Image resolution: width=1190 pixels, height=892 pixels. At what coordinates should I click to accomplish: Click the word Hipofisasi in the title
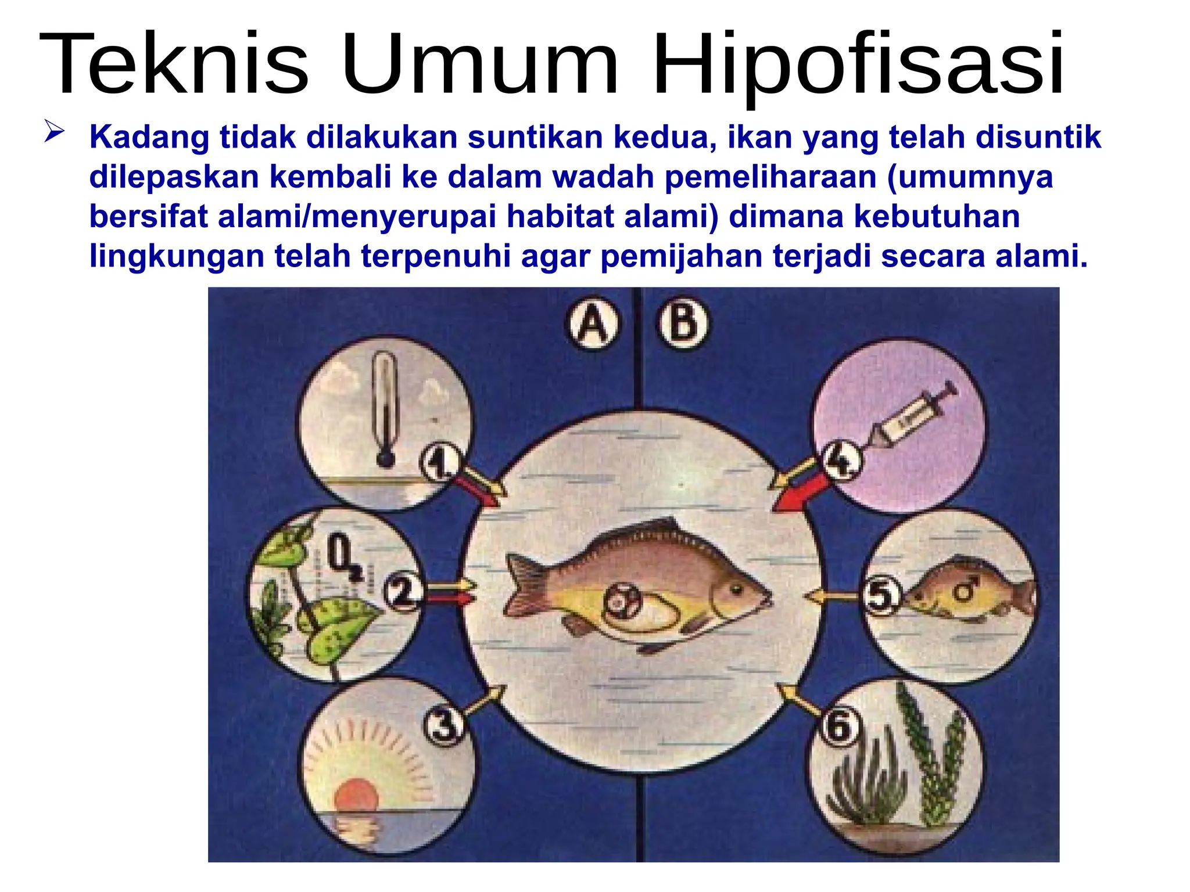858,64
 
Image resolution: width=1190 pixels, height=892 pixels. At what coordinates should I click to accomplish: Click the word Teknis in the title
173,64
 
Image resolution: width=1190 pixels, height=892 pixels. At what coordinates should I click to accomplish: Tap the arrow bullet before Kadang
54,132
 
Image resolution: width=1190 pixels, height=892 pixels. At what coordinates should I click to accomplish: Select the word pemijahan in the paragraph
681,256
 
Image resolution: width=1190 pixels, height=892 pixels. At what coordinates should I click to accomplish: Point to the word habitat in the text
560,217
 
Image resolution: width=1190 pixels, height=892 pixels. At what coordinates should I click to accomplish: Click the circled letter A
592,323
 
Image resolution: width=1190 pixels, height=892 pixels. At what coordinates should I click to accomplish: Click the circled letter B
683,323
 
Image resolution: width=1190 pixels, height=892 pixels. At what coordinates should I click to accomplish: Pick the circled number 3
444,726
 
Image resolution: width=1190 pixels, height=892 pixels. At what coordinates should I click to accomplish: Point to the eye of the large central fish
736,589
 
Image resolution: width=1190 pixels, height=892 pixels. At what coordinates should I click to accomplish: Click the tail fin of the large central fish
526,584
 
